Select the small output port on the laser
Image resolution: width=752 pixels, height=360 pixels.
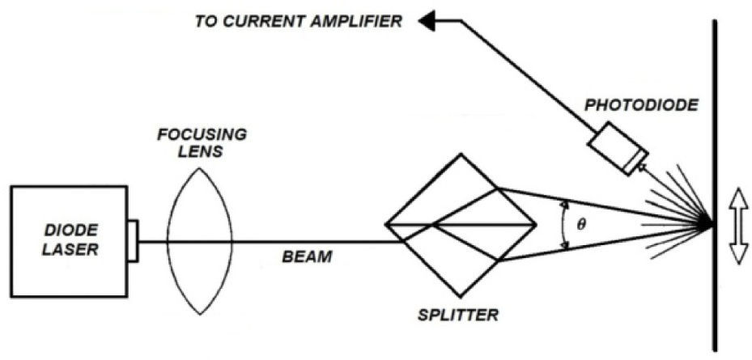click(132, 240)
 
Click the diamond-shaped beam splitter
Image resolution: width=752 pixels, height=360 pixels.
click(460, 224)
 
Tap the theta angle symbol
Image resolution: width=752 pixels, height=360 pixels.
click(580, 224)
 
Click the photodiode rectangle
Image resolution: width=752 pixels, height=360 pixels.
click(618, 150)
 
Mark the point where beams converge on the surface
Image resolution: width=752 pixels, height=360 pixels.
click(712, 224)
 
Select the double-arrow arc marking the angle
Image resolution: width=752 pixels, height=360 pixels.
click(564, 224)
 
